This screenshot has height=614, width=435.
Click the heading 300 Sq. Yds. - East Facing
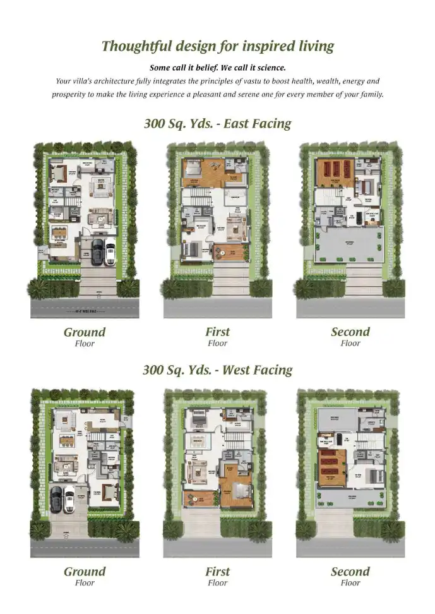pos(217,123)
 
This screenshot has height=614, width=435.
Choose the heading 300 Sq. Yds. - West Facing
pos(217,370)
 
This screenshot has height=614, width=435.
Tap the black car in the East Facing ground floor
pos(98,251)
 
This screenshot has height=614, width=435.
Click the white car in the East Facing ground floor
pos(110,251)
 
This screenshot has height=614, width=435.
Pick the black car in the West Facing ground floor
pos(56,499)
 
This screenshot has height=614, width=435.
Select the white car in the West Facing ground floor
pos(69,499)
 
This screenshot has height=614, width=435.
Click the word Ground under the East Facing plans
pos(85,332)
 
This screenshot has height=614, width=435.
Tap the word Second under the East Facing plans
pos(350,332)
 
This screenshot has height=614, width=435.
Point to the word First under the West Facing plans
pos(217,572)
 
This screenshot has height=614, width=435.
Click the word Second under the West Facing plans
pos(350,572)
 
